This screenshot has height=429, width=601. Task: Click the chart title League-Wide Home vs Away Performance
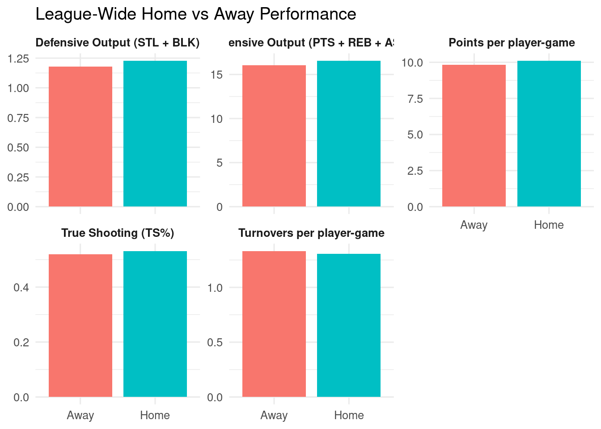[195, 14]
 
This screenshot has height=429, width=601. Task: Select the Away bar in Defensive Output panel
[80, 136]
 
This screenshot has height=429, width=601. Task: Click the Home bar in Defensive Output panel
[155, 134]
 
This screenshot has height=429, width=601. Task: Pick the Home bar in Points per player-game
[549, 134]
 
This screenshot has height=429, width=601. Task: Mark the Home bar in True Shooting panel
[155, 324]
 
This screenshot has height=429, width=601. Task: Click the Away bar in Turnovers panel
[274, 324]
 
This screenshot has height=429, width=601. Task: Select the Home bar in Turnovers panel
[349, 325]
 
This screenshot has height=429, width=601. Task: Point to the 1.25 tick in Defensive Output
[18, 59]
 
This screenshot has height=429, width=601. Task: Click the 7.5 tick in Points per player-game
[415, 99]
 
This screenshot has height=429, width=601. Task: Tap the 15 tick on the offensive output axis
[216, 75]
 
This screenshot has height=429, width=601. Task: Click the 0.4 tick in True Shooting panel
[21, 287]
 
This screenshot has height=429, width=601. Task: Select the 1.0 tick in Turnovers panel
[215, 287]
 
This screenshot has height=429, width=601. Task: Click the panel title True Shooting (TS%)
[118, 233]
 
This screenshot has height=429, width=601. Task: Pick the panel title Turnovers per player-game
[311, 233]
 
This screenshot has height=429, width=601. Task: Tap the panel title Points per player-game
[512, 42]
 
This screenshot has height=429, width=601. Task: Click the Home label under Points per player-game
[549, 225]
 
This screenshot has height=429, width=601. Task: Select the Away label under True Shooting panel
[80, 415]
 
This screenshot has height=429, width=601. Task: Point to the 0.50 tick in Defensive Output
[18, 147]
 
